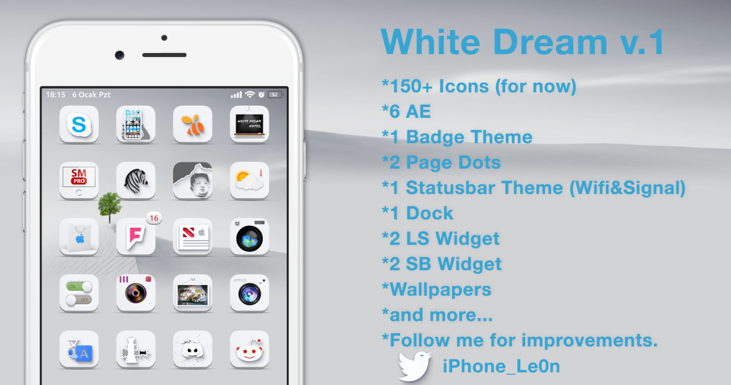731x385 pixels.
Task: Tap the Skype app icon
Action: pyautogui.click(x=79, y=124)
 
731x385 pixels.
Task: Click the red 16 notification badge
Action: pyautogui.click(x=154, y=218)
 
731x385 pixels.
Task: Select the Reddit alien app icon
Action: pyautogui.click(x=249, y=350)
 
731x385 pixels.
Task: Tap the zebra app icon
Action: pyautogui.click(x=136, y=180)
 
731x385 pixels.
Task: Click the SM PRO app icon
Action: pyautogui.click(x=79, y=180)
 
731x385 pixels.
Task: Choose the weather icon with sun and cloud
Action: pyautogui.click(x=249, y=180)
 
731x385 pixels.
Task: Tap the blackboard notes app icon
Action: pyautogui.click(x=249, y=124)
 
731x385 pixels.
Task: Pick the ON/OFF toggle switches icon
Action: pyautogui.click(x=79, y=293)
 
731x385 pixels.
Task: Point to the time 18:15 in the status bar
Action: pyautogui.click(x=56, y=95)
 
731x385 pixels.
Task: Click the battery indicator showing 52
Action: pyautogui.click(x=275, y=95)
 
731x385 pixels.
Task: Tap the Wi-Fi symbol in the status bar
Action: pyautogui.click(x=250, y=95)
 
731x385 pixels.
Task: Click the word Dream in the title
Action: pyautogui.click(x=550, y=42)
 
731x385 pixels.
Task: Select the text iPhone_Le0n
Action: pyautogui.click(x=501, y=366)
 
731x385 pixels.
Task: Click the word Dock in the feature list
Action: pyautogui.click(x=430, y=213)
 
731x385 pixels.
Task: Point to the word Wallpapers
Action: pyautogui.click(x=440, y=290)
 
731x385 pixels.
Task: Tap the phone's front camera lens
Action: pyautogui.click(x=120, y=55)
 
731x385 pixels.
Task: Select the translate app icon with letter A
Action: pyautogui.click(x=79, y=350)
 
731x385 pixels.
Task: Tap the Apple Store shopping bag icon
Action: pyautogui.click(x=79, y=237)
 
